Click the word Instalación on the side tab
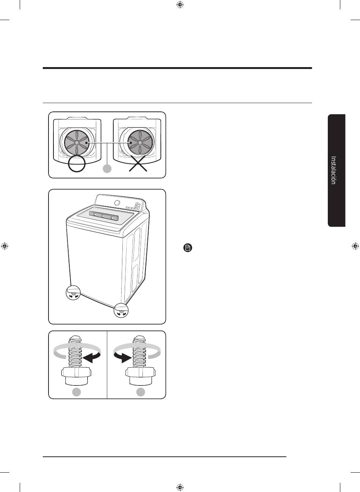[x=333, y=170]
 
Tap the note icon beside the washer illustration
[x=188, y=248]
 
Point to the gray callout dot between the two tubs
[x=108, y=168]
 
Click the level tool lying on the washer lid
[x=103, y=216]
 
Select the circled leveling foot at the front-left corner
[x=74, y=293]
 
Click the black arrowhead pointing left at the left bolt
[x=91, y=356]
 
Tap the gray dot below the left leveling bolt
[x=77, y=392]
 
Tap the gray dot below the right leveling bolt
[x=141, y=392]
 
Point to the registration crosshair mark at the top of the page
[x=180, y=5]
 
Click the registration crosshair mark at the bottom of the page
[x=180, y=487]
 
